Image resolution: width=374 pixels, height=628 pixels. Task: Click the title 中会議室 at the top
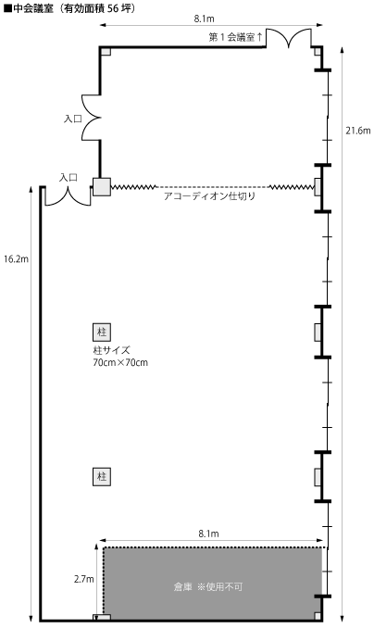[x=33, y=9]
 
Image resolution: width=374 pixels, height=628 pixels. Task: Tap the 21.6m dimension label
[x=358, y=131]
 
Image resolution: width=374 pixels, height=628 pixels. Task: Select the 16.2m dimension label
[x=16, y=259]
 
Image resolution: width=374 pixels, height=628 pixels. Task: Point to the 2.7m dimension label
[x=83, y=579]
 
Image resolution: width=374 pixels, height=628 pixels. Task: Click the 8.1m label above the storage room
[x=208, y=534]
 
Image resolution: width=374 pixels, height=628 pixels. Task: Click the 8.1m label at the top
[x=205, y=19]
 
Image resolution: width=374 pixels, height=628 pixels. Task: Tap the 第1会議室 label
[x=231, y=38]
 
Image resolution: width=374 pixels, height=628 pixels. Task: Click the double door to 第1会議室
[x=289, y=39]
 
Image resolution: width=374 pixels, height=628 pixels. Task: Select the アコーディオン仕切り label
[x=209, y=196]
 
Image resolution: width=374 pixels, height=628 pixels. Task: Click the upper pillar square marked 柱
[x=102, y=332]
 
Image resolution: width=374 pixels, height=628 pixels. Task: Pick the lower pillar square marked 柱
[x=102, y=477]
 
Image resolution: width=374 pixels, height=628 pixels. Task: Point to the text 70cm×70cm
[x=120, y=363]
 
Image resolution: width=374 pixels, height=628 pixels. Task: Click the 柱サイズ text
[x=112, y=350]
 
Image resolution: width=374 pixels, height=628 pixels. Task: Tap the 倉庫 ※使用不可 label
[x=208, y=587]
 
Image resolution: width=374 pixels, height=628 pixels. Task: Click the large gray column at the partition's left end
[x=102, y=187]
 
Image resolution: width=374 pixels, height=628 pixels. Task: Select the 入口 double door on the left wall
[x=91, y=118]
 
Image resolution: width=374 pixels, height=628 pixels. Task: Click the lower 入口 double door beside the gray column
[x=68, y=196]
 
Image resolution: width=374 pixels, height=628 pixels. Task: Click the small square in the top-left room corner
[x=106, y=51]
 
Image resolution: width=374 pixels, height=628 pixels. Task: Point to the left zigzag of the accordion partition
[x=133, y=187]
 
